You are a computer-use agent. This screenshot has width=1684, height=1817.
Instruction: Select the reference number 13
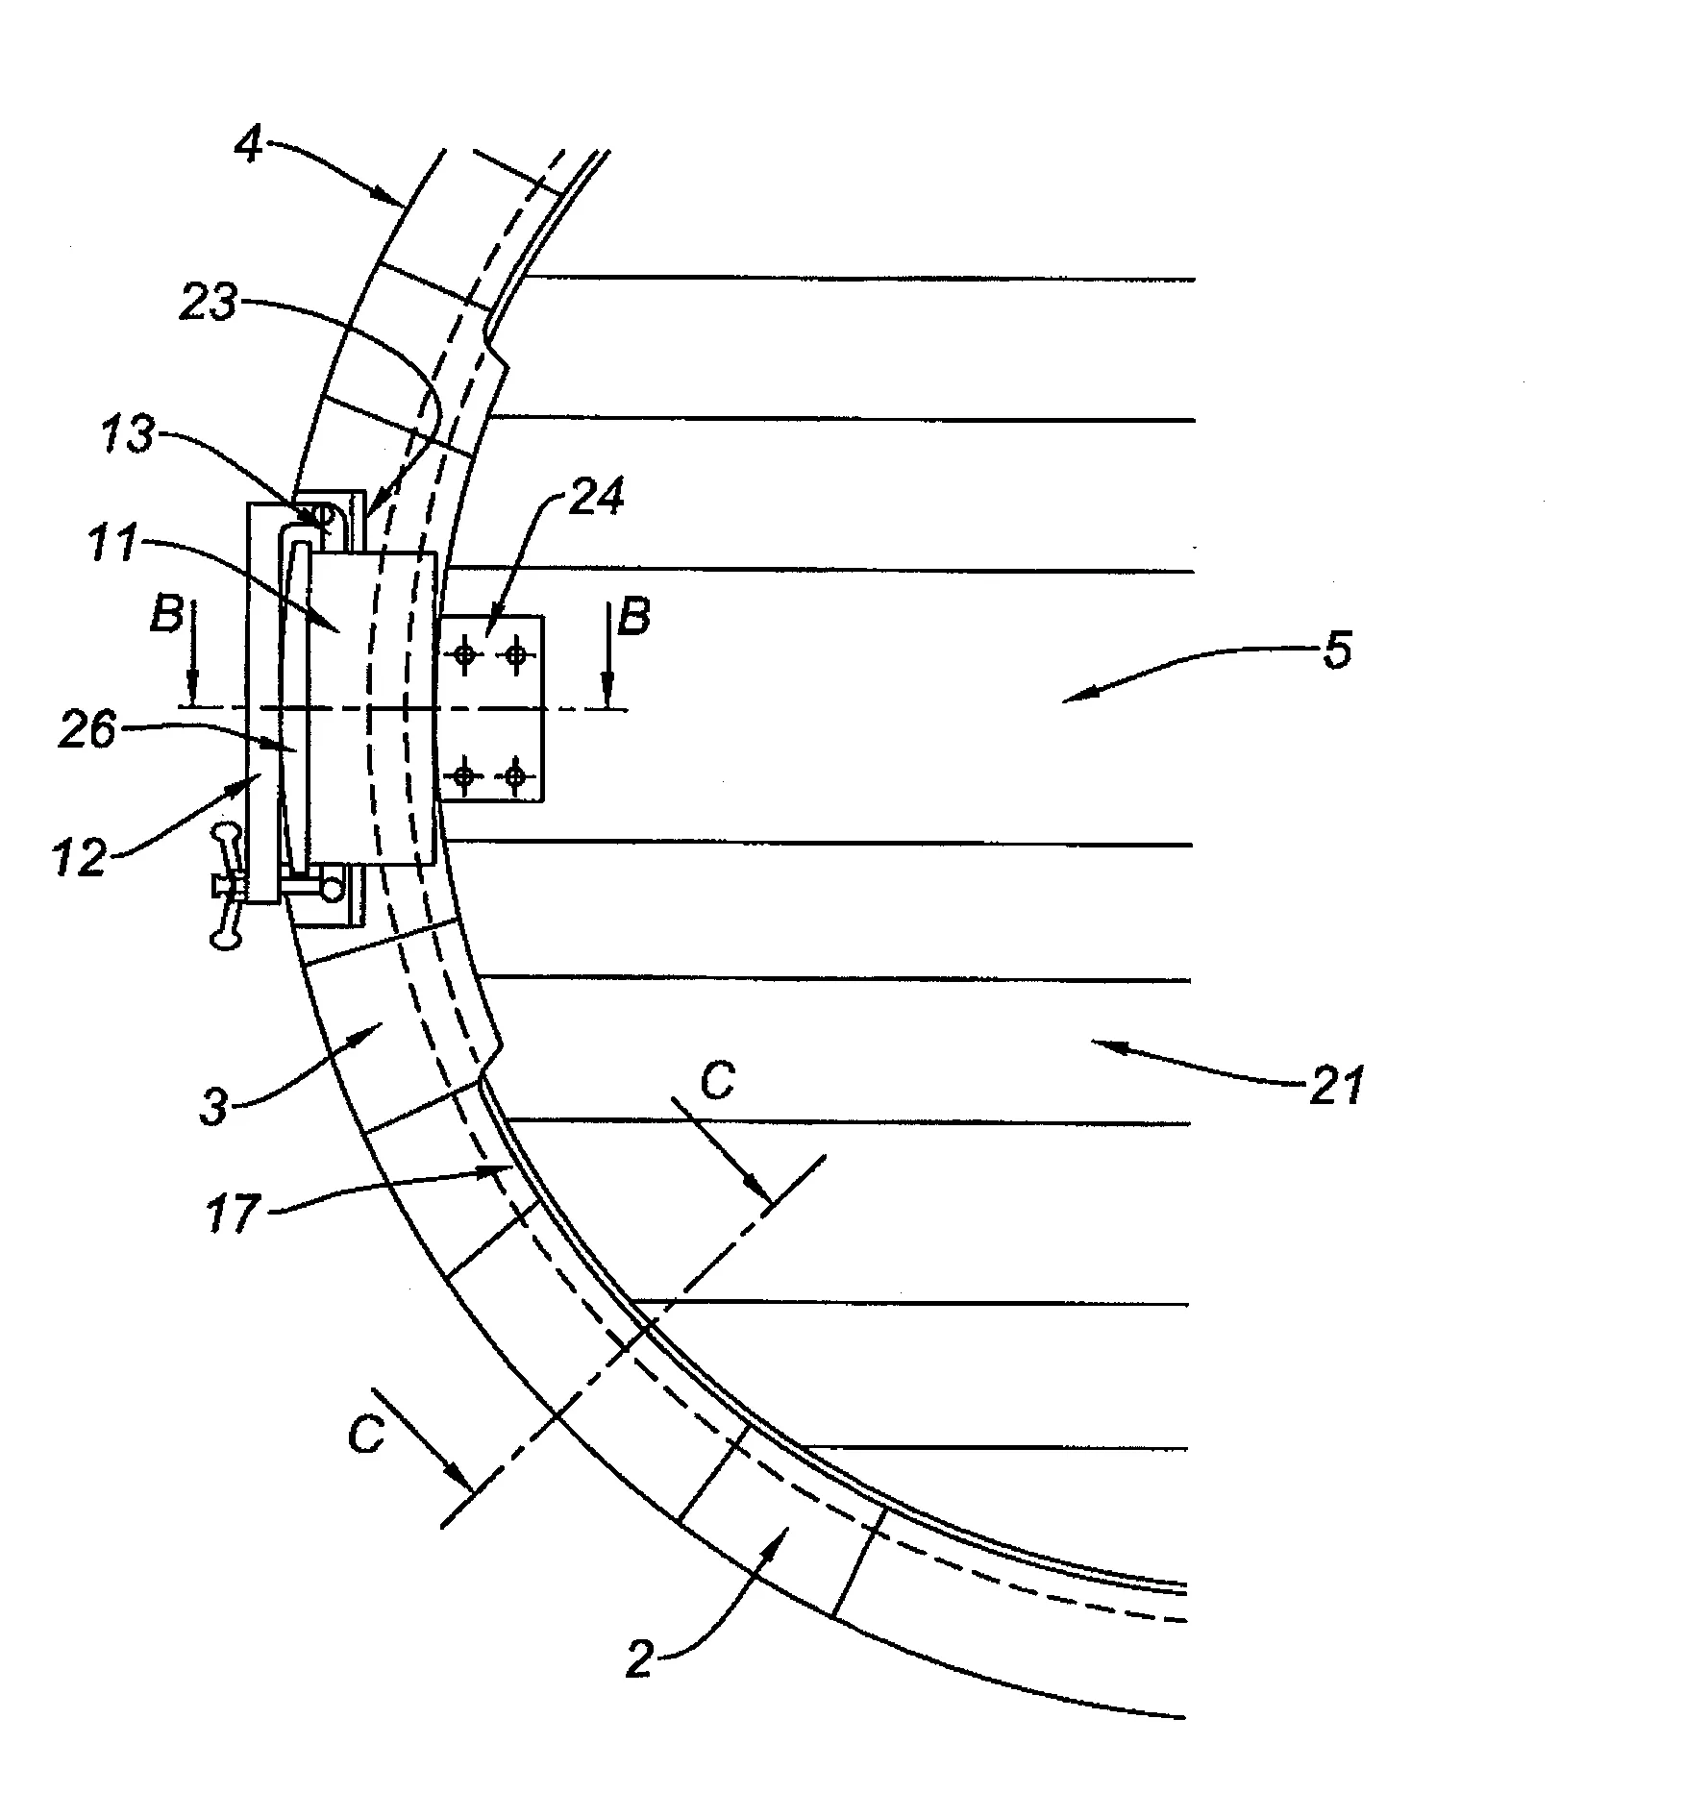click(129, 435)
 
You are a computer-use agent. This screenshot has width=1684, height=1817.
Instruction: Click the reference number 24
click(597, 497)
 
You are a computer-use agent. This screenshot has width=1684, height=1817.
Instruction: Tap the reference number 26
click(87, 731)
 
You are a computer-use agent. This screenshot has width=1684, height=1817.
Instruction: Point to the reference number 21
click(1337, 1087)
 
